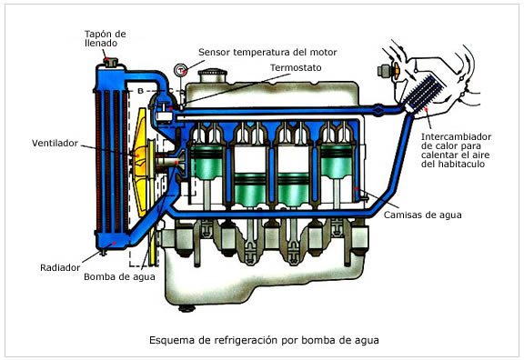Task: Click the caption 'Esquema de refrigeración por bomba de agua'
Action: point(262,341)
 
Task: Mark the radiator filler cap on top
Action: point(113,61)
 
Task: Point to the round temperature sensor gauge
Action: point(181,68)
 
